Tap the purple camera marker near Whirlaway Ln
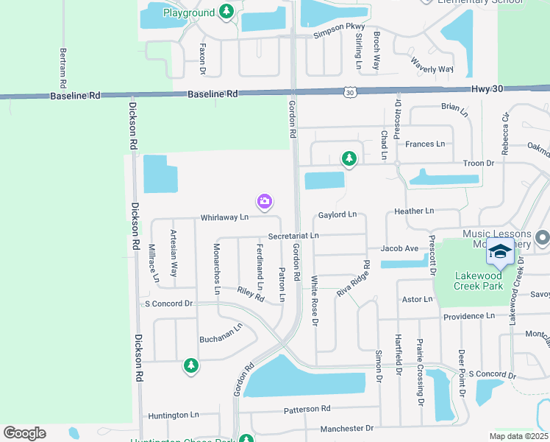tap(265, 200)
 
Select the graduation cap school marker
tap(500, 253)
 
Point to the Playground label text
tap(189, 13)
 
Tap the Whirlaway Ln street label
tap(224, 217)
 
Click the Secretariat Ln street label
tap(293, 236)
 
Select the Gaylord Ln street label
tap(337, 214)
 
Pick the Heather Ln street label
tap(414, 211)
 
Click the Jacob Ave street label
tap(399, 249)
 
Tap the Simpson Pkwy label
tap(339, 31)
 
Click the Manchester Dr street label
tap(346, 428)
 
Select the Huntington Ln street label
tap(173, 415)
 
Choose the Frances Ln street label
tap(425, 144)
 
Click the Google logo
tap(24, 433)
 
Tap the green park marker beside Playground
tap(227, 12)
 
